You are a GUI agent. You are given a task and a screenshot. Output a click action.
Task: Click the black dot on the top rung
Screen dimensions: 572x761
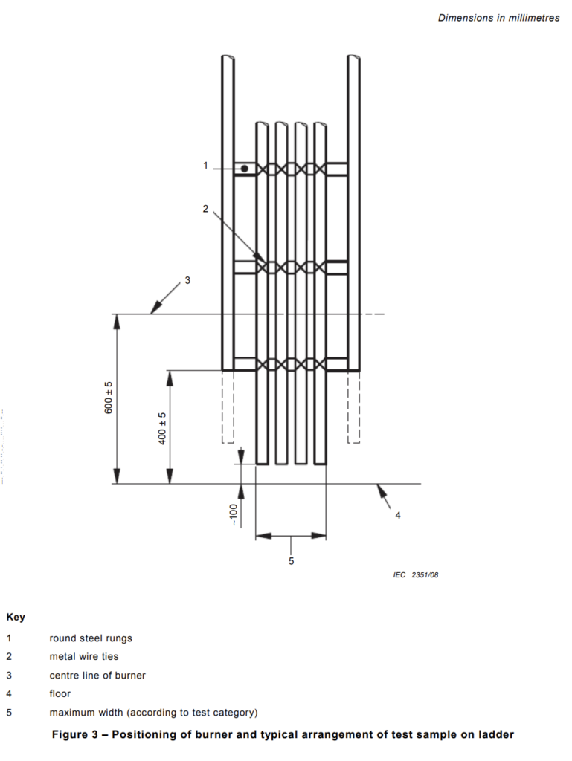click(x=245, y=169)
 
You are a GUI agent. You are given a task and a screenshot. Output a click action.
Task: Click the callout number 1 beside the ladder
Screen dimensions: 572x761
click(x=205, y=166)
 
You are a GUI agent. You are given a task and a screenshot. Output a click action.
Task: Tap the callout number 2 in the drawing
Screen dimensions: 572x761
click(x=205, y=209)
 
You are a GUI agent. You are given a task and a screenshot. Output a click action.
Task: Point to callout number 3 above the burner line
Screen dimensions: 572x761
click(x=187, y=280)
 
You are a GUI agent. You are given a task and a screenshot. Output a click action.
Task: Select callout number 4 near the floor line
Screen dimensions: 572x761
click(x=398, y=515)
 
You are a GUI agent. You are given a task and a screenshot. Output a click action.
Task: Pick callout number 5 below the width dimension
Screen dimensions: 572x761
click(x=291, y=560)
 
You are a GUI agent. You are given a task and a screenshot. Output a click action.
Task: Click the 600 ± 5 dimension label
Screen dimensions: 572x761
click(x=109, y=398)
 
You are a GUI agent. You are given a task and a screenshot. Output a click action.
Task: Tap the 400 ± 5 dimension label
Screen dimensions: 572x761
click(x=162, y=428)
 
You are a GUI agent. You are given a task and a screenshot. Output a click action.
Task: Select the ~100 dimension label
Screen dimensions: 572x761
click(x=234, y=515)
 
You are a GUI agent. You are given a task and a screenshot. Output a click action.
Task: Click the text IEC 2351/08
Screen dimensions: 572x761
click(x=416, y=574)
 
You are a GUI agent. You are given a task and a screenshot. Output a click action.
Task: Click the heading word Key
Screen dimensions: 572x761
click(x=16, y=618)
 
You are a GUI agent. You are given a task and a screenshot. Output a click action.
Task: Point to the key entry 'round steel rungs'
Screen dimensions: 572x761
click(x=91, y=638)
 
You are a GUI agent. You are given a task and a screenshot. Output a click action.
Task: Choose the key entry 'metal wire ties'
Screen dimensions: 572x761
click(x=84, y=656)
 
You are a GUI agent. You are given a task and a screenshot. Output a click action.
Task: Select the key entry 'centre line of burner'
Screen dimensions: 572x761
click(x=97, y=675)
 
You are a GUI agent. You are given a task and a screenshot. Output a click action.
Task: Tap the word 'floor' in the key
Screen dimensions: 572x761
click(x=60, y=693)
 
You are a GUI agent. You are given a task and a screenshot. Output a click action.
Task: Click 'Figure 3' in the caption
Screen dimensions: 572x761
click(x=75, y=734)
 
